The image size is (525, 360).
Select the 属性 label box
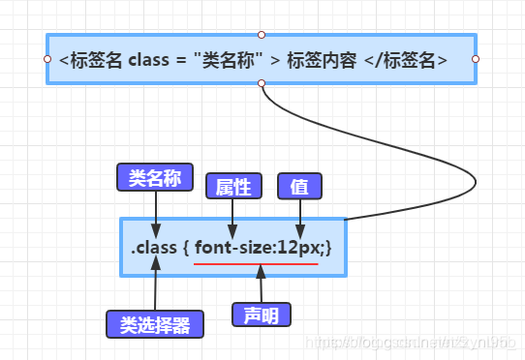[233, 186]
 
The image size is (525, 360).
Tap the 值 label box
[299, 186]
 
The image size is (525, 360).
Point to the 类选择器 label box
[155, 323]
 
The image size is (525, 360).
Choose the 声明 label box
[261, 315]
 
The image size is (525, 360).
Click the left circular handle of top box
[47, 59]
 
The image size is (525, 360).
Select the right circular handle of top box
[476, 59]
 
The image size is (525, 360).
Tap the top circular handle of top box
[262, 34]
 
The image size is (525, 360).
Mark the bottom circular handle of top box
[262, 84]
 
